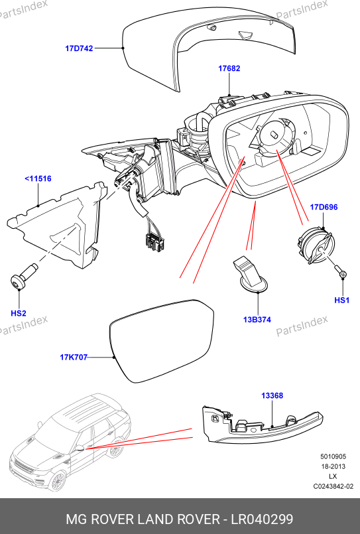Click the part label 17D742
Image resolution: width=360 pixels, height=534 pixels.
pos(79,48)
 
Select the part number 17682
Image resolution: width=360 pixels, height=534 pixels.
pos(229,68)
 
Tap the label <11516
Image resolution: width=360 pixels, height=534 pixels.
pos(38,178)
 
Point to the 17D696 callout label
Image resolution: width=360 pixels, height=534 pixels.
pos(324,207)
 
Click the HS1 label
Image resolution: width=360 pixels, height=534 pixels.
pos(342,300)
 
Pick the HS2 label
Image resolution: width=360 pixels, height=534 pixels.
pos(19,313)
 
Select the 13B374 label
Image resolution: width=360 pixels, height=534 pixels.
pos(257,320)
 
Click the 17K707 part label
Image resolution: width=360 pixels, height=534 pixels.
pos(74,358)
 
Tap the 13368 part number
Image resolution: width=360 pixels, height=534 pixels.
pos(272,396)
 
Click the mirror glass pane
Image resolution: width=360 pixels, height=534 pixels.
pos(162,340)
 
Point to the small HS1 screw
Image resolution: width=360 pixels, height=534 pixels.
pos(341,271)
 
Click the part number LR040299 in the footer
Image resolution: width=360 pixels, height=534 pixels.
pos(262,519)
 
